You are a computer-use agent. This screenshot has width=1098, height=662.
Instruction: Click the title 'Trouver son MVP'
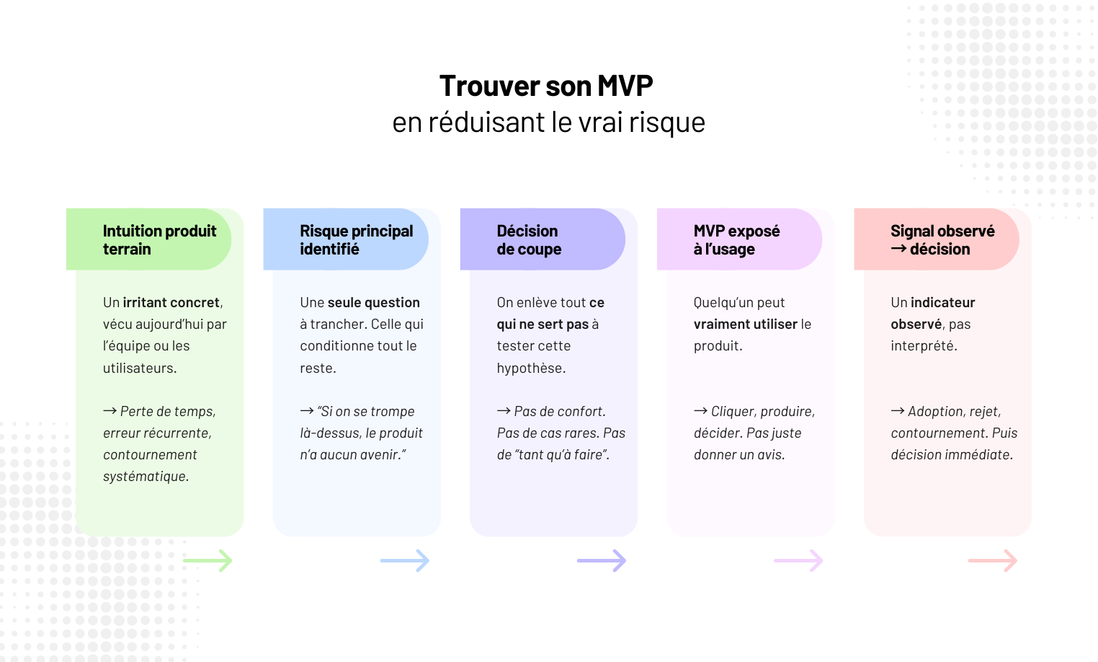[x=546, y=86]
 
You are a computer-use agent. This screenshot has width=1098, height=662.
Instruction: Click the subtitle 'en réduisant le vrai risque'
[x=548, y=123]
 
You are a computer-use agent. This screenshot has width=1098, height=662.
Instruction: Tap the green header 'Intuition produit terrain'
[x=159, y=239]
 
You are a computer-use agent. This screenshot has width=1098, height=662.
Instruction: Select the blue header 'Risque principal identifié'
[x=356, y=239]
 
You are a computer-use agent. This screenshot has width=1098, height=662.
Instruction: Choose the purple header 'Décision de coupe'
[x=529, y=239]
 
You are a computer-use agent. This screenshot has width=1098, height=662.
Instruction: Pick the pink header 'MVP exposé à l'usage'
[x=736, y=239]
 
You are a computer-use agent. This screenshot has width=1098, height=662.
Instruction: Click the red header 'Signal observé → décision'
[x=942, y=239]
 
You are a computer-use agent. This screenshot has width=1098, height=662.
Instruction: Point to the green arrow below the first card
[x=207, y=560]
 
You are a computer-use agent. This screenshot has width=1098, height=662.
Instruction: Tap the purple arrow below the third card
[x=602, y=560]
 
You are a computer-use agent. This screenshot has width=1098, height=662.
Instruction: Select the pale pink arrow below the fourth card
[x=798, y=560]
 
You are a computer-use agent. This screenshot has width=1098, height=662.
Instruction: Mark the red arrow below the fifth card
[x=993, y=560]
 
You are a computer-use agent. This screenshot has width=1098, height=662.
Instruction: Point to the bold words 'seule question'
[x=373, y=302]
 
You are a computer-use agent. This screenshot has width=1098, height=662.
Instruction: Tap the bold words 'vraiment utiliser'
[x=745, y=324]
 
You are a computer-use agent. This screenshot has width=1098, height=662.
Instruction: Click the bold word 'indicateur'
[x=942, y=302]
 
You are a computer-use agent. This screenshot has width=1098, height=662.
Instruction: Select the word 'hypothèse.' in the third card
[x=531, y=368]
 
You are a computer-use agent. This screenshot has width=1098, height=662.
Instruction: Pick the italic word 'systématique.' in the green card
[x=146, y=476]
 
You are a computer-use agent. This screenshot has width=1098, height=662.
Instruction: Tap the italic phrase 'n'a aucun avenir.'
[x=353, y=454]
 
